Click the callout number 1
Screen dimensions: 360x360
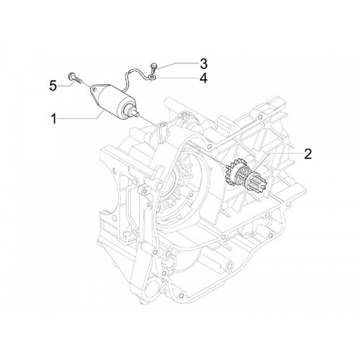click(55, 119)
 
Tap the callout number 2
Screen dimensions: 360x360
click(307, 154)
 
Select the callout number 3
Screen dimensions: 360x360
click(204, 64)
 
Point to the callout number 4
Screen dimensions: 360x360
click(204, 78)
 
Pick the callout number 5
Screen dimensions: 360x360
click(53, 86)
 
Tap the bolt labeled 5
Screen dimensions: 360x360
click(75, 78)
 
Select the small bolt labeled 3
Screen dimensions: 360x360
click(153, 68)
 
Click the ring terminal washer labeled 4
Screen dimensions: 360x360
click(152, 77)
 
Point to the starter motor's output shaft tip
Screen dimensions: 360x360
click(136, 114)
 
